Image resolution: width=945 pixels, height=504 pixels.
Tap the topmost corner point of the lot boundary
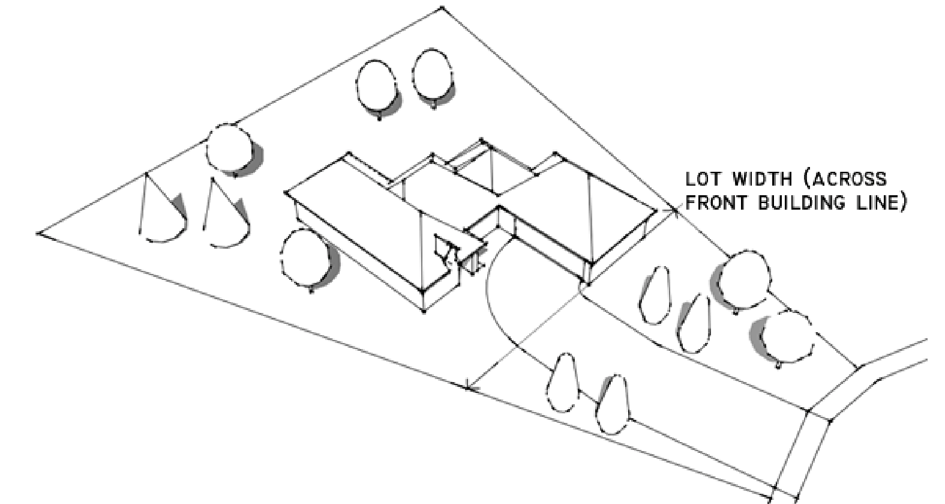point(442,8)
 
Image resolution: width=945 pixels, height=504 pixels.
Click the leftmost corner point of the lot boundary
point(40,233)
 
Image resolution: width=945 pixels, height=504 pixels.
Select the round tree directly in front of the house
point(305,258)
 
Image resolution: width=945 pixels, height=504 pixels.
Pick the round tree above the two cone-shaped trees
point(230,147)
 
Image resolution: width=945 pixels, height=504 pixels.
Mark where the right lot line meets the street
point(859,366)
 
